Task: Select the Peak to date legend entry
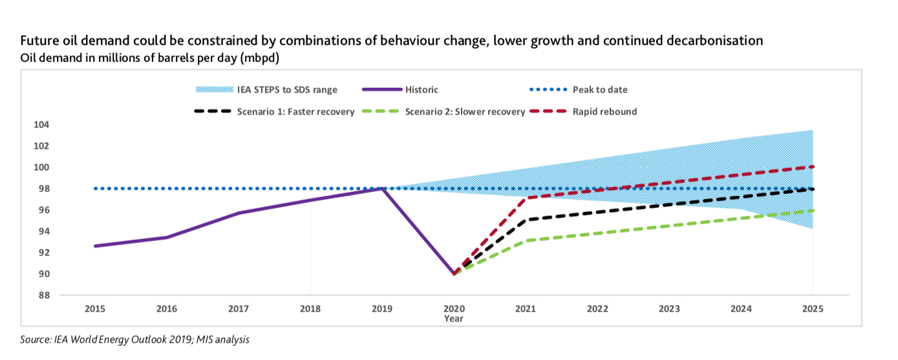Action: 600,89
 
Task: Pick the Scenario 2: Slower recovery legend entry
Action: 464,111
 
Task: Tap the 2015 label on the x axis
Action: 95,309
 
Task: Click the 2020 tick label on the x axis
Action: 454,309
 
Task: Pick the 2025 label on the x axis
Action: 813,309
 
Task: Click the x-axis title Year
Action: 454,318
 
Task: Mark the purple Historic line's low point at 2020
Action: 454,274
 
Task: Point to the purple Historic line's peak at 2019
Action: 382,189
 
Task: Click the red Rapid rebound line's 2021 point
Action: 526,198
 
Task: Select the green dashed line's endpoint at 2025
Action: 813,210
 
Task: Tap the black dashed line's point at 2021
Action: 526,220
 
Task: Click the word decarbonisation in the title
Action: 701,41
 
